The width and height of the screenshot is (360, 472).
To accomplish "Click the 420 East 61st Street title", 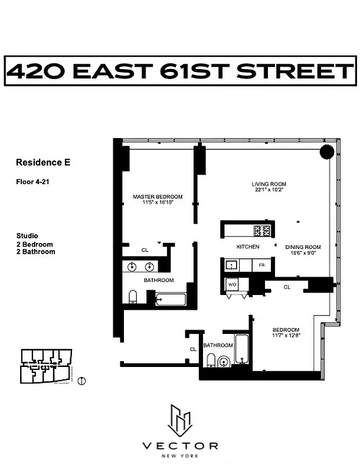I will [179, 71].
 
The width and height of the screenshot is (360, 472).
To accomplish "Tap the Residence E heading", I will [43, 162].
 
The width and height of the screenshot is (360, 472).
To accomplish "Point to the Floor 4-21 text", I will [32, 182].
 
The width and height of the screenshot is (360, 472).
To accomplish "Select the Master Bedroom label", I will [158, 196].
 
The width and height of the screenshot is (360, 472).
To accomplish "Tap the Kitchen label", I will [248, 247].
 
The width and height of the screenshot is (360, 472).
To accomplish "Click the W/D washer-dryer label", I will [231, 284].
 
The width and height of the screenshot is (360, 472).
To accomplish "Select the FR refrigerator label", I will [261, 265].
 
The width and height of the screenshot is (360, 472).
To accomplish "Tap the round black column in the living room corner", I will [327, 152].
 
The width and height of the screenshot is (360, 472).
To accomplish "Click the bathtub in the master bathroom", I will [171, 298].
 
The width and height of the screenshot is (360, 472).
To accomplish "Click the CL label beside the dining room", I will [287, 287].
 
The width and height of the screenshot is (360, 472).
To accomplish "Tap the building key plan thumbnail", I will [45, 366].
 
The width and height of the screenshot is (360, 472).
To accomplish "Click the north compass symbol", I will [81, 381].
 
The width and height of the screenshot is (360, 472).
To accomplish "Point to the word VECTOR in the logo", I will [180, 445].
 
